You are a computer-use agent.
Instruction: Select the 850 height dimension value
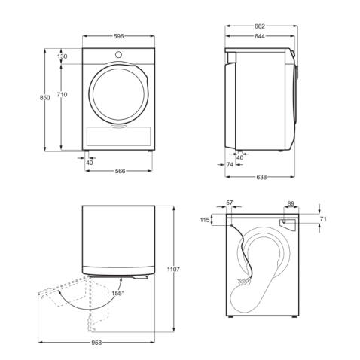pyautogui.click(x=44, y=99)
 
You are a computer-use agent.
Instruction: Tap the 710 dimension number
pyautogui.click(x=63, y=94)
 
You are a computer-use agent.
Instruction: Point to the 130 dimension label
pyautogui.click(x=63, y=56)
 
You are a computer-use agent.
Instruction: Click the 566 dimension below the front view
pyautogui.click(x=118, y=171)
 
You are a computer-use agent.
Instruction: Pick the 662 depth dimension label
pyautogui.click(x=259, y=26)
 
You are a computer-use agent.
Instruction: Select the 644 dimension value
pyautogui.click(x=259, y=36)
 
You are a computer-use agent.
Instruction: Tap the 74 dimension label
pyautogui.click(x=229, y=164)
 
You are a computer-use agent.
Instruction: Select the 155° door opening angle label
pyautogui.click(x=117, y=293)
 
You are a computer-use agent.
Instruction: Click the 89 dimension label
pyautogui.click(x=291, y=203)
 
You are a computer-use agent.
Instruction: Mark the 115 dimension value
pyautogui.click(x=203, y=220)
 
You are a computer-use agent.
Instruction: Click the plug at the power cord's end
pyautogui.click(x=243, y=282)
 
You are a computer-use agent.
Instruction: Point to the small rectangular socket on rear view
pyautogui.click(x=286, y=222)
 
